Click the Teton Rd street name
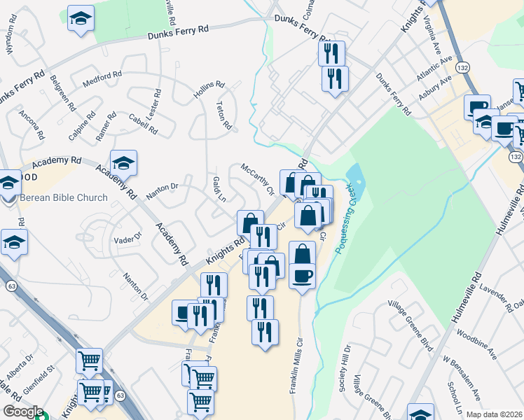tap(223, 114)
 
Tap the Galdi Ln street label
tap(218, 188)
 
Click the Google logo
tap(23, 412)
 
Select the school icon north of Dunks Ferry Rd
tap(81, 18)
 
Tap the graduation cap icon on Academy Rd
tap(123, 163)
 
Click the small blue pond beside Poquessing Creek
tap(354, 173)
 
